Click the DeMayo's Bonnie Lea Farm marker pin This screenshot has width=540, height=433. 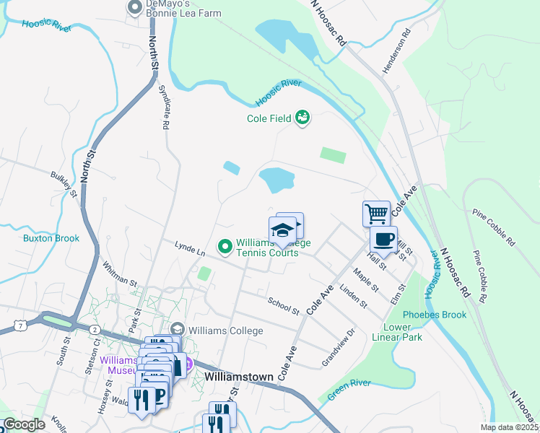[134, 8]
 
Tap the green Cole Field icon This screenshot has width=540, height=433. [302, 117]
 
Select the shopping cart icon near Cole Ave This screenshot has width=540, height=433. [375, 214]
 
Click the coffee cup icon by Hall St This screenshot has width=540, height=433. [383, 239]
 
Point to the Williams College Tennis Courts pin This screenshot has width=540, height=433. [225, 248]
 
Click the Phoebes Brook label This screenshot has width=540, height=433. [435, 315]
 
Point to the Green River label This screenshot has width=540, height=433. [349, 390]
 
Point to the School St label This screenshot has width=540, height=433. [283, 306]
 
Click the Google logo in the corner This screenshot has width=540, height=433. [24, 424]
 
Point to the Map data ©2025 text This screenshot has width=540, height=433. [508, 427]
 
